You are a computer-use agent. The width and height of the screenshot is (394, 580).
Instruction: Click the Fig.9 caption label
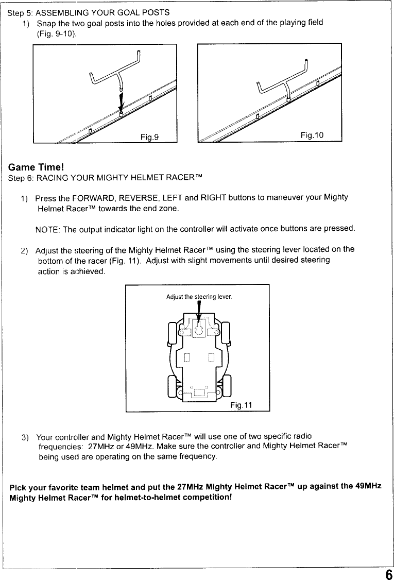coord(149,137)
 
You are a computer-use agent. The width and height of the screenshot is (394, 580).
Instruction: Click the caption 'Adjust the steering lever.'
coord(199,297)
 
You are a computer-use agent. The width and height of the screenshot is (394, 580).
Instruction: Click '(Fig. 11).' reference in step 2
coord(125,260)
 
